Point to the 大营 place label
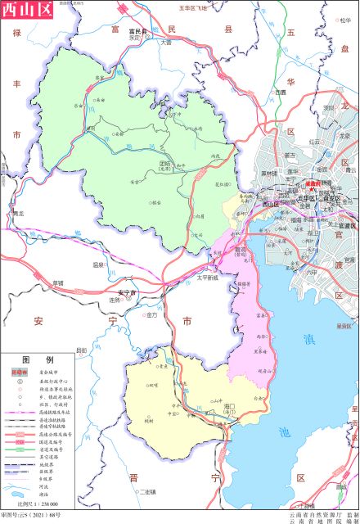[x=166, y=41]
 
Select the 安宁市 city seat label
[x=128, y=292]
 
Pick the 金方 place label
[x=153, y=314]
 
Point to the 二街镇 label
[x=146, y=491]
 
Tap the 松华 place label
[x=344, y=20]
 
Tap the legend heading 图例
[x=37, y=359]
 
